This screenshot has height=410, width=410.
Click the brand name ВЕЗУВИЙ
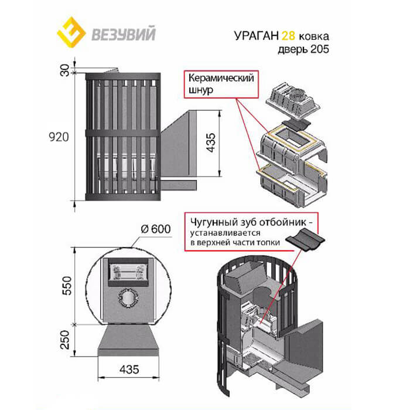[124, 33]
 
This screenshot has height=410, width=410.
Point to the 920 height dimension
[60, 137]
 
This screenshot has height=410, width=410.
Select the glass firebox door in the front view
[127, 271]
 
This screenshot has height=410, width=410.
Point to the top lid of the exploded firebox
[293, 100]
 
